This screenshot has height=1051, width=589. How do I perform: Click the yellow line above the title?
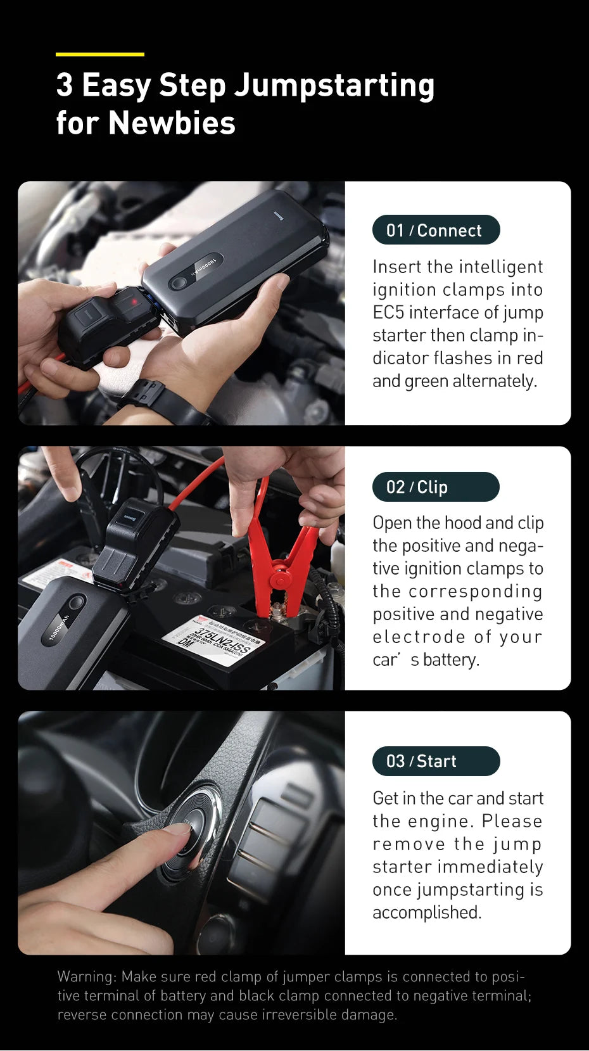(99, 54)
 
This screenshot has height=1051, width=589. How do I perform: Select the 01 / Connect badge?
(436, 230)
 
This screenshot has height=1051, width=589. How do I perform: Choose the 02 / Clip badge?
(436, 487)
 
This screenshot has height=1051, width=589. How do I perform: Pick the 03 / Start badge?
(436, 761)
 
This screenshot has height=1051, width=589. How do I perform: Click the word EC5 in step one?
(389, 312)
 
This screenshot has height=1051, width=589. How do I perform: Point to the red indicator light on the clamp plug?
(134, 302)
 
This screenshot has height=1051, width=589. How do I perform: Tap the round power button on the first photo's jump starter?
(179, 283)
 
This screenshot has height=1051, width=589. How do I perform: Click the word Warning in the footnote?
(87, 976)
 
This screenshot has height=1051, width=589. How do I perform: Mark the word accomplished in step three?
(427, 912)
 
